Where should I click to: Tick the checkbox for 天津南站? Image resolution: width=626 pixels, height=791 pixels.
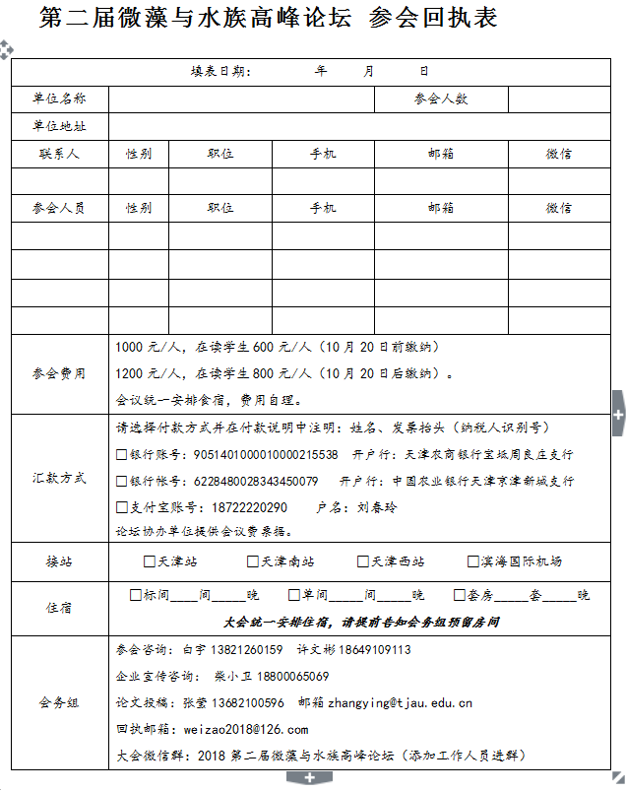[253, 561]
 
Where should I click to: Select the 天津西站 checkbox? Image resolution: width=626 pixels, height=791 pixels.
[363, 561]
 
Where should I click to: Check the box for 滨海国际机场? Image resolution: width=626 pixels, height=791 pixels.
[472, 561]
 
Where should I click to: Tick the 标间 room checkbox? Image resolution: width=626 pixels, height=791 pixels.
[136, 595]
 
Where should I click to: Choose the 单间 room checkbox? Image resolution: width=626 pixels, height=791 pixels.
[293, 595]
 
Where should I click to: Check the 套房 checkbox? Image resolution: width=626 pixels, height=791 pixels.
[459, 595]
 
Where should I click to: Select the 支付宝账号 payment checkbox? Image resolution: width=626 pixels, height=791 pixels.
[121, 507]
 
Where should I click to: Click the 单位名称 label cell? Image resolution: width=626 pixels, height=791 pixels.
[59, 99]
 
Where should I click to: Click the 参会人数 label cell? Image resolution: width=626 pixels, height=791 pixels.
[441, 99]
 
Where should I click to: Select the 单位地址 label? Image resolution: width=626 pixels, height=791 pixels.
[59, 126]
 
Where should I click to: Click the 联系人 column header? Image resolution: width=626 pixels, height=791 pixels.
[59, 154]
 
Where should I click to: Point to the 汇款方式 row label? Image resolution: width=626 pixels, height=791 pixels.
[59, 478]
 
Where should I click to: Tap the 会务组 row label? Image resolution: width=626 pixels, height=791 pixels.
[59, 702]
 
